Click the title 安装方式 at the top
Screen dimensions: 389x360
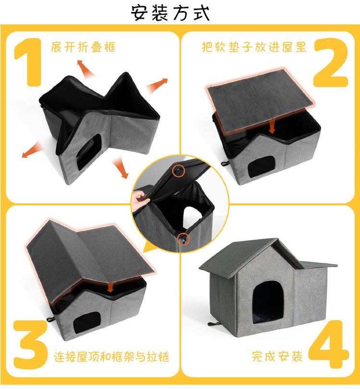coord(170,13)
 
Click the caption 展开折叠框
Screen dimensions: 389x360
coord(84,47)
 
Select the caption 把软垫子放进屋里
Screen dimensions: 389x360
coord(254,47)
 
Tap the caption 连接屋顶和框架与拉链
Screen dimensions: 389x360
coord(112,357)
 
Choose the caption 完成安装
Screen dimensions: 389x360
coord(277,357)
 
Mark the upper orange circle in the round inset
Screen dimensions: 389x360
coord(178,170)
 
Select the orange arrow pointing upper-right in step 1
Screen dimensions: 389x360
coord(156,86)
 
